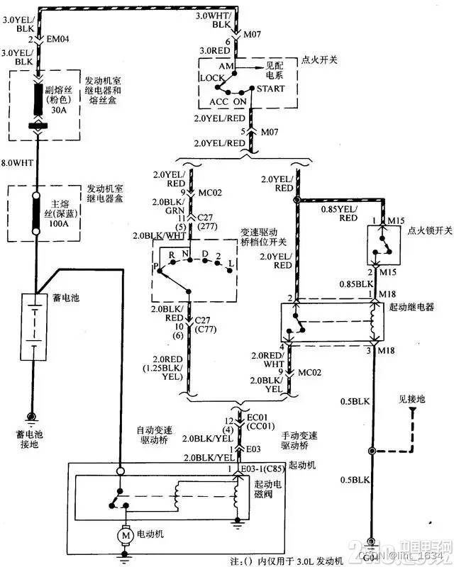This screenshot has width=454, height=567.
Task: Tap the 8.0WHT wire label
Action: [x=18, y=162]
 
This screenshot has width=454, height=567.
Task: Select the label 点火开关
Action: [x=319, y=60]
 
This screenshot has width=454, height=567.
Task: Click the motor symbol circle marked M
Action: [x=125, y=536]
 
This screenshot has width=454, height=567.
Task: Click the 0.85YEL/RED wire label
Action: [x=339, y=213]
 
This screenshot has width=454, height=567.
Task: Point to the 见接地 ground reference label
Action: [x=411, y=400]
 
